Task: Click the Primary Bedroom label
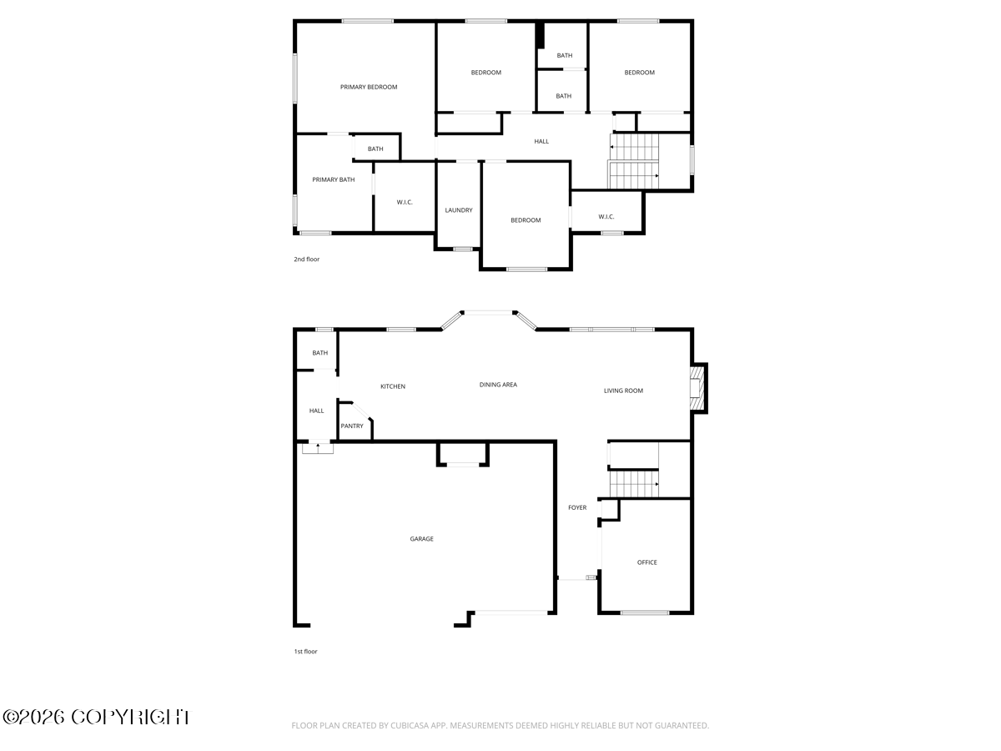369,87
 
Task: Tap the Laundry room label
459,210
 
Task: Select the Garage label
421,539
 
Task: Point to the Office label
647,562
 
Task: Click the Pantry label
352,426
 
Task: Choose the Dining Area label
498,385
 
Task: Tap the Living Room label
623,391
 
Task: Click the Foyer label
577,507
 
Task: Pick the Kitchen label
393,386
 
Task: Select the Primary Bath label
334,179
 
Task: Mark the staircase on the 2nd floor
634,161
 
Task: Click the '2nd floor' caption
306,260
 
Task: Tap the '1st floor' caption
305,652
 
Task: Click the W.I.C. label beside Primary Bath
405,202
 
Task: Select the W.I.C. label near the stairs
606,217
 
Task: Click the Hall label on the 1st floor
317,411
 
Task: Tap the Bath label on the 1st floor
320,353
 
